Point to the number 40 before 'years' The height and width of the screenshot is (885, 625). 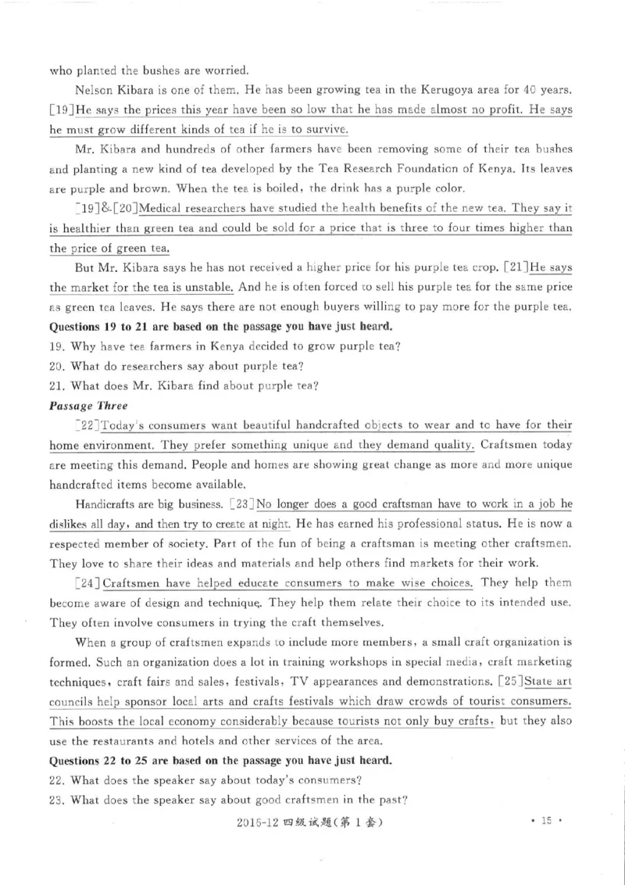coord(529,91)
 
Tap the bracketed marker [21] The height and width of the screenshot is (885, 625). coord(516,267)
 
